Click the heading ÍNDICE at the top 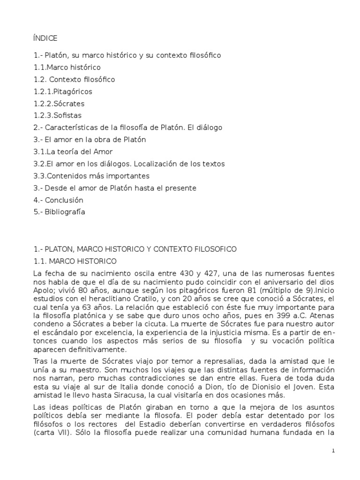point(45,38)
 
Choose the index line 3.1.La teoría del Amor point(73,152)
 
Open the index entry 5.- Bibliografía point(59,212)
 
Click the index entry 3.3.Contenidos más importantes point(91,176)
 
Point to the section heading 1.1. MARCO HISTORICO point(75,261)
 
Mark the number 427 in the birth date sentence point(216,273)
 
